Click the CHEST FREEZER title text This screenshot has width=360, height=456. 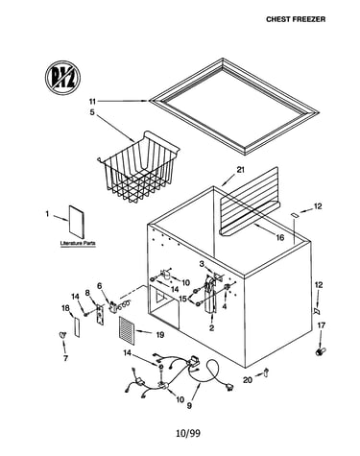[x=296, y=19]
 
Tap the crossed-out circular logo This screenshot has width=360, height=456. [x=62, y=78]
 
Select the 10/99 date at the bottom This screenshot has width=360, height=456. [x=188, y=433]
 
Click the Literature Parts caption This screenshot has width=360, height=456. [x=78, y=244]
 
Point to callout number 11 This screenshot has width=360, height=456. [x=92, y=102]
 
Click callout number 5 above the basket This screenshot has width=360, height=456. [x=92, y=112]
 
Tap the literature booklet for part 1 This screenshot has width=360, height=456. [x=77, y=222]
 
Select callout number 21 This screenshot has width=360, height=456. [x=240, y=170]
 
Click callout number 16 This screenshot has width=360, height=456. [x=280, y=237]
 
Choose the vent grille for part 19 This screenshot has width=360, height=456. [x=127, y=330]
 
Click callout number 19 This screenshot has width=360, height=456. [x=160, y=335]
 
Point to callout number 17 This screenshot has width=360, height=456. [x=322, y=325]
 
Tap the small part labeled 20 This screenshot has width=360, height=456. [x=266, y=372]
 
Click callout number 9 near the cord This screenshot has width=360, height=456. [x=189, y=405]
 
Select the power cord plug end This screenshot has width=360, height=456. [x=229, y=388]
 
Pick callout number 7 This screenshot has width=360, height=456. [x=65, y=358]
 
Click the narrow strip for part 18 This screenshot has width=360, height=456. [x=77, y=327]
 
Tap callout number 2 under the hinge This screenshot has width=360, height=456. [x=211, y=328]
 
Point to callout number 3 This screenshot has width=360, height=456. [x=202, y=264]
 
